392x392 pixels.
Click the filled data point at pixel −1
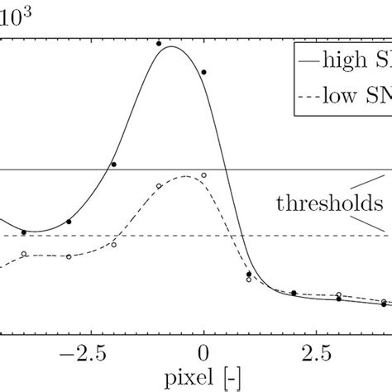pyautogui.click(x=159, y=43)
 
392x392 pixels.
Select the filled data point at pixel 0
pyautogui.click(x=203, y=73)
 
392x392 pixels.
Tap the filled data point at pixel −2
pyautogui.click(x=114, y=165)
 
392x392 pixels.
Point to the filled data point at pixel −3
pyautogui.click(x=69, y=222)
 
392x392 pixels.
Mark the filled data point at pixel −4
pyautogui.click(x=24, y=232)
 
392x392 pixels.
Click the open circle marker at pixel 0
pyautogui.click(x=203, y=175)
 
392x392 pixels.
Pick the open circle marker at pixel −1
pyautogui.click(x=159, y=186)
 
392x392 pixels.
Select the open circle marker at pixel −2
pyautogui.click(x=114, y=245)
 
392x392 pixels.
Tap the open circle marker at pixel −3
pyautogui.click(x=69, y=256)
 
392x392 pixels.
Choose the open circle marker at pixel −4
pyautogui.click(x=24, y=254)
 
